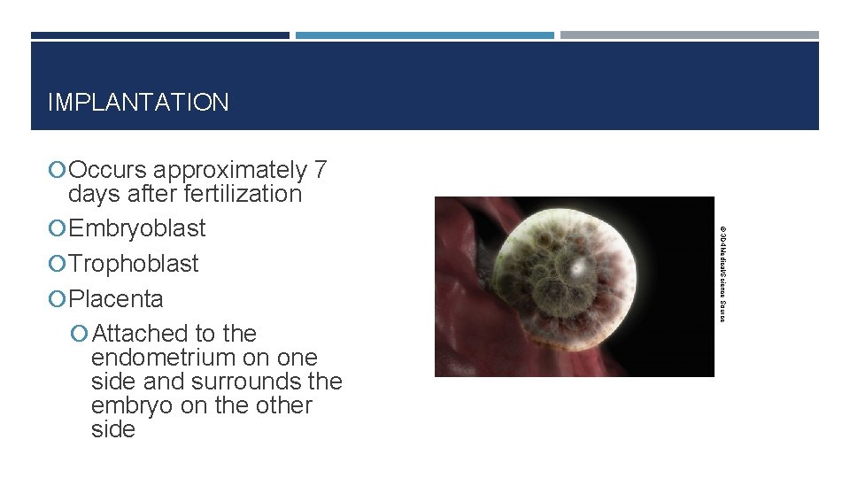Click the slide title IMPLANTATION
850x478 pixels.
point(138,103)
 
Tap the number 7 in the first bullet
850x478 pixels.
point(321,170)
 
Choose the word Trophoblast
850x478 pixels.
point(133,264)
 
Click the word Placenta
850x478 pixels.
point(116,299)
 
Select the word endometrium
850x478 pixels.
point(160,358)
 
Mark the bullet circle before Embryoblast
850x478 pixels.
point(58,229)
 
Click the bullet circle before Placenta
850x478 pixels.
point(58,300)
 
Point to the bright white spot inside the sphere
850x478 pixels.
point(577,266)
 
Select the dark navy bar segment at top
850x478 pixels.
point(160,35)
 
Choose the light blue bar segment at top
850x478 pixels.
point(424,35)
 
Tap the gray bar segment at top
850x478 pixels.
point(689,35)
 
